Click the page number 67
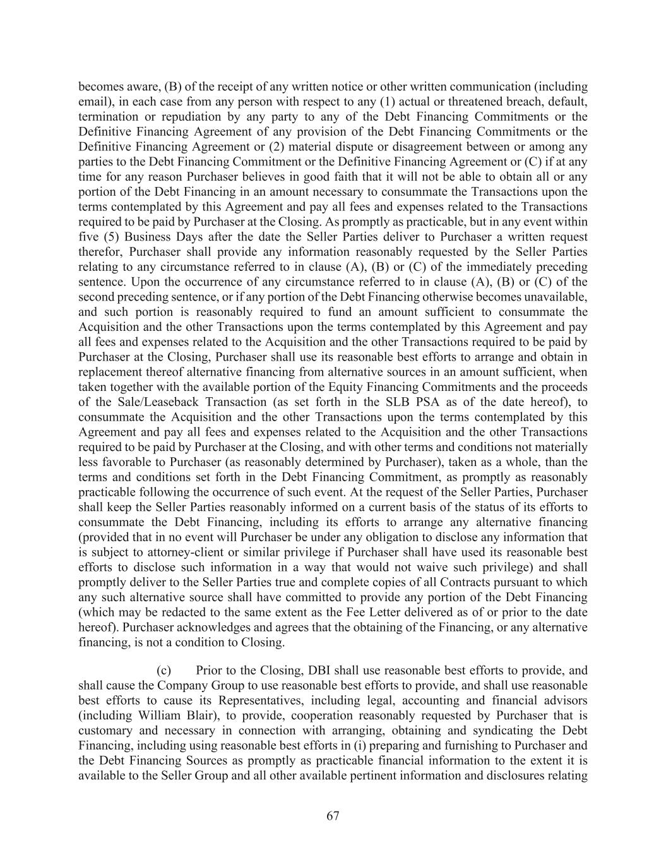coord(333,816)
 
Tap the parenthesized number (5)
coord(110,237)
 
